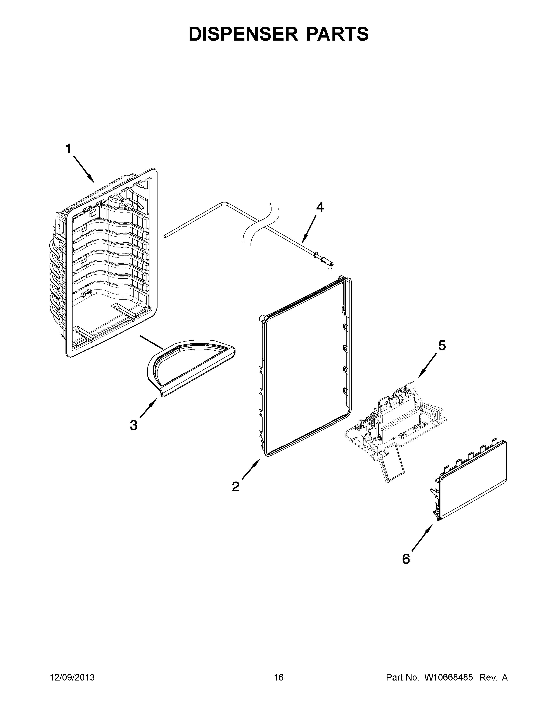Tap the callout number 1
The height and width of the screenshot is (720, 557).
(68, 149)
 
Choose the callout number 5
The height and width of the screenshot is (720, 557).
(442, 346)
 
